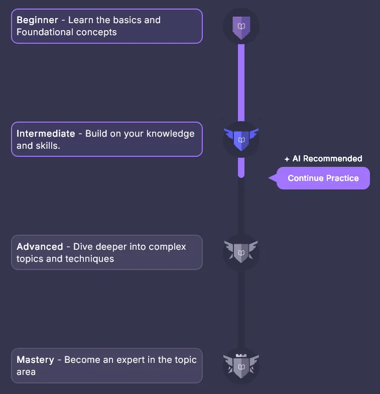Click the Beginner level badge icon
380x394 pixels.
tap(241, 26)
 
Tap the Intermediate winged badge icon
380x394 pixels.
tap(241, 139)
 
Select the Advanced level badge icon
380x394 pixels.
tap(241, 252)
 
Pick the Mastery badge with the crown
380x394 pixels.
tap(241, 366)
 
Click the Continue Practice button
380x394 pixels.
tap(323, 178)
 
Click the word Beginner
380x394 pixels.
tap(37, 21)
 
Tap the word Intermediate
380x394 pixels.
tap(46, 134)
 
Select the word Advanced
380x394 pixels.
tap(40, 247)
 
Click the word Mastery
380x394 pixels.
tap(35, 360)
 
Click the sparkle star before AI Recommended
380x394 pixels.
tap(287, 159)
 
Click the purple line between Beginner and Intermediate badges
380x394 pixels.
tap(241, 83)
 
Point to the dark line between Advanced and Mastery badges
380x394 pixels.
tap(241, 309)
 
